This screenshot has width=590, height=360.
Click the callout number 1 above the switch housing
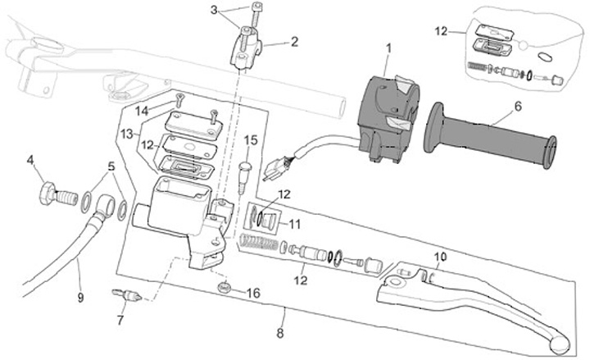[x=388, y=48]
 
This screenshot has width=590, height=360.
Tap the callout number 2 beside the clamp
[x=294, y=42]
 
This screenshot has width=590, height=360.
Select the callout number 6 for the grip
[x=518, y=107]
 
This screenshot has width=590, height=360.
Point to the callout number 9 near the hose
[x=80, y=298]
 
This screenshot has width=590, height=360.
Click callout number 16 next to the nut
[x=253, y=293]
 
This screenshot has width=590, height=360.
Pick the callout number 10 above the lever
[x=440, y=257]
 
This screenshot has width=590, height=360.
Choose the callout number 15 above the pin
[x=251, y=140]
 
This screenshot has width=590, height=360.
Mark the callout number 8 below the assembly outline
[x=280, y=333]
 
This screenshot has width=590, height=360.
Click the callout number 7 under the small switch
[x=120, y=320]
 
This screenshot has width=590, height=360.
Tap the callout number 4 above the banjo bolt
[x=30, y=160]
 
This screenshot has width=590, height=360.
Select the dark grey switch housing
[x=388, y=118]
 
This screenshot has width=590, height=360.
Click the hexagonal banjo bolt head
[x=48, y=193]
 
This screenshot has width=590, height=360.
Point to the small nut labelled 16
[x=225, y=287]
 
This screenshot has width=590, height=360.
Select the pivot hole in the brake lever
[x=393, y=281]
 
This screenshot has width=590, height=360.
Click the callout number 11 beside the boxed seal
[x=295, y=225]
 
